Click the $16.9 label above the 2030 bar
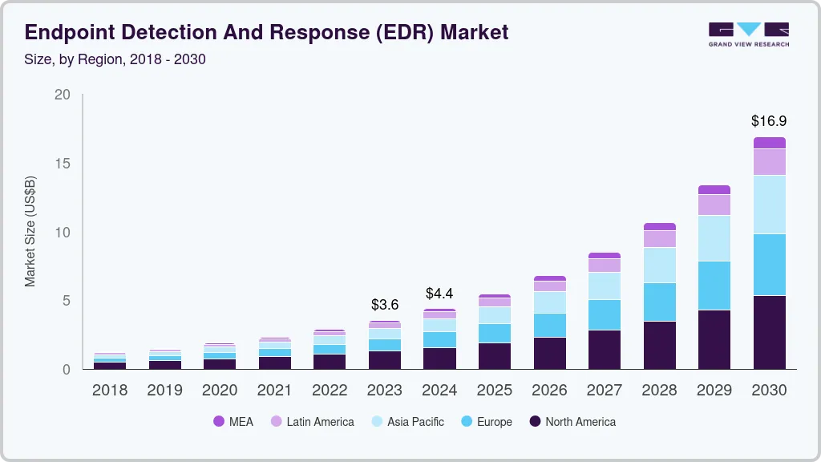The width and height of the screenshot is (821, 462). (x=768, y=121)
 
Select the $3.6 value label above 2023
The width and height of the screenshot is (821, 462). (x=384, y=305)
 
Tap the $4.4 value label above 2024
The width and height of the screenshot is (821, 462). (x=439, y=293)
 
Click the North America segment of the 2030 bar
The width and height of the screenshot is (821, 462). (x=768, y=332)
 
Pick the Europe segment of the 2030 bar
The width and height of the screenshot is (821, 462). (x=768, y=265)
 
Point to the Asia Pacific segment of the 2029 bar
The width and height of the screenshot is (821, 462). (x=714, y=238)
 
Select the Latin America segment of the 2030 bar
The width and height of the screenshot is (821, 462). (x=768, y=162)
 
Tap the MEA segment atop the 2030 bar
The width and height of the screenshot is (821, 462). (x=768, y=143)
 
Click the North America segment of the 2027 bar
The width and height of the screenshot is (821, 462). (x=604, y=349)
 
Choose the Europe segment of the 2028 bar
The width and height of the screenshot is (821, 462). (x=659, y=302)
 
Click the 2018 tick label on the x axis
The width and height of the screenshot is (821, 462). (x=109, y=391)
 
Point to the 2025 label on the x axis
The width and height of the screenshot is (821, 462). (x=494, y=391)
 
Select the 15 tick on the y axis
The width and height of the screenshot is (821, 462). (x=62, y=164)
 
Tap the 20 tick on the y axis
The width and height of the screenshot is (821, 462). (x=62, y=95)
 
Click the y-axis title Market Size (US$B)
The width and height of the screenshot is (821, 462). (x=30, y=232)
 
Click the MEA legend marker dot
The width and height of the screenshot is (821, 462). (x=218, y=421)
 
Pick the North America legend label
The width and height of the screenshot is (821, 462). (x=580, y=421)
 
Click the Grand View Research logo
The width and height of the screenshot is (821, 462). (x=748, y=34)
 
